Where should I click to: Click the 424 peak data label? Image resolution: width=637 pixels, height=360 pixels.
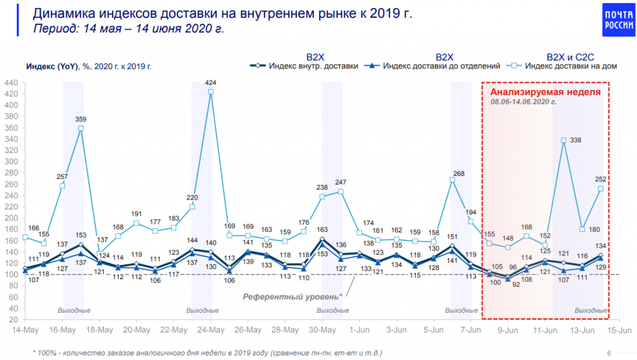[x=210, y=83]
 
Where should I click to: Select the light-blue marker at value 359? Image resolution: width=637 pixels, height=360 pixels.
[x=81, y=129]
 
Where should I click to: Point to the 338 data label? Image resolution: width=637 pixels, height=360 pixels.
[x=575, y=141]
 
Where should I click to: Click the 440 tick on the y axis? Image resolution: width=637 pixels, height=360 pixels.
[x=11, y=82]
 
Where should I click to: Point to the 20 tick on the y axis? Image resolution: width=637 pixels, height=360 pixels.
[x=12, y=320]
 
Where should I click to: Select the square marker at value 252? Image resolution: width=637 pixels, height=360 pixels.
[x=600, y=189]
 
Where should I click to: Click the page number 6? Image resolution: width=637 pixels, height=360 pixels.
[x=608, y=353]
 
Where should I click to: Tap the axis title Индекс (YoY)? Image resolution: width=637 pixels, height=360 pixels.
[x=49, y=66]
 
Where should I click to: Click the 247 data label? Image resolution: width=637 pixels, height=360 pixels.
[x=340, y=183]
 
